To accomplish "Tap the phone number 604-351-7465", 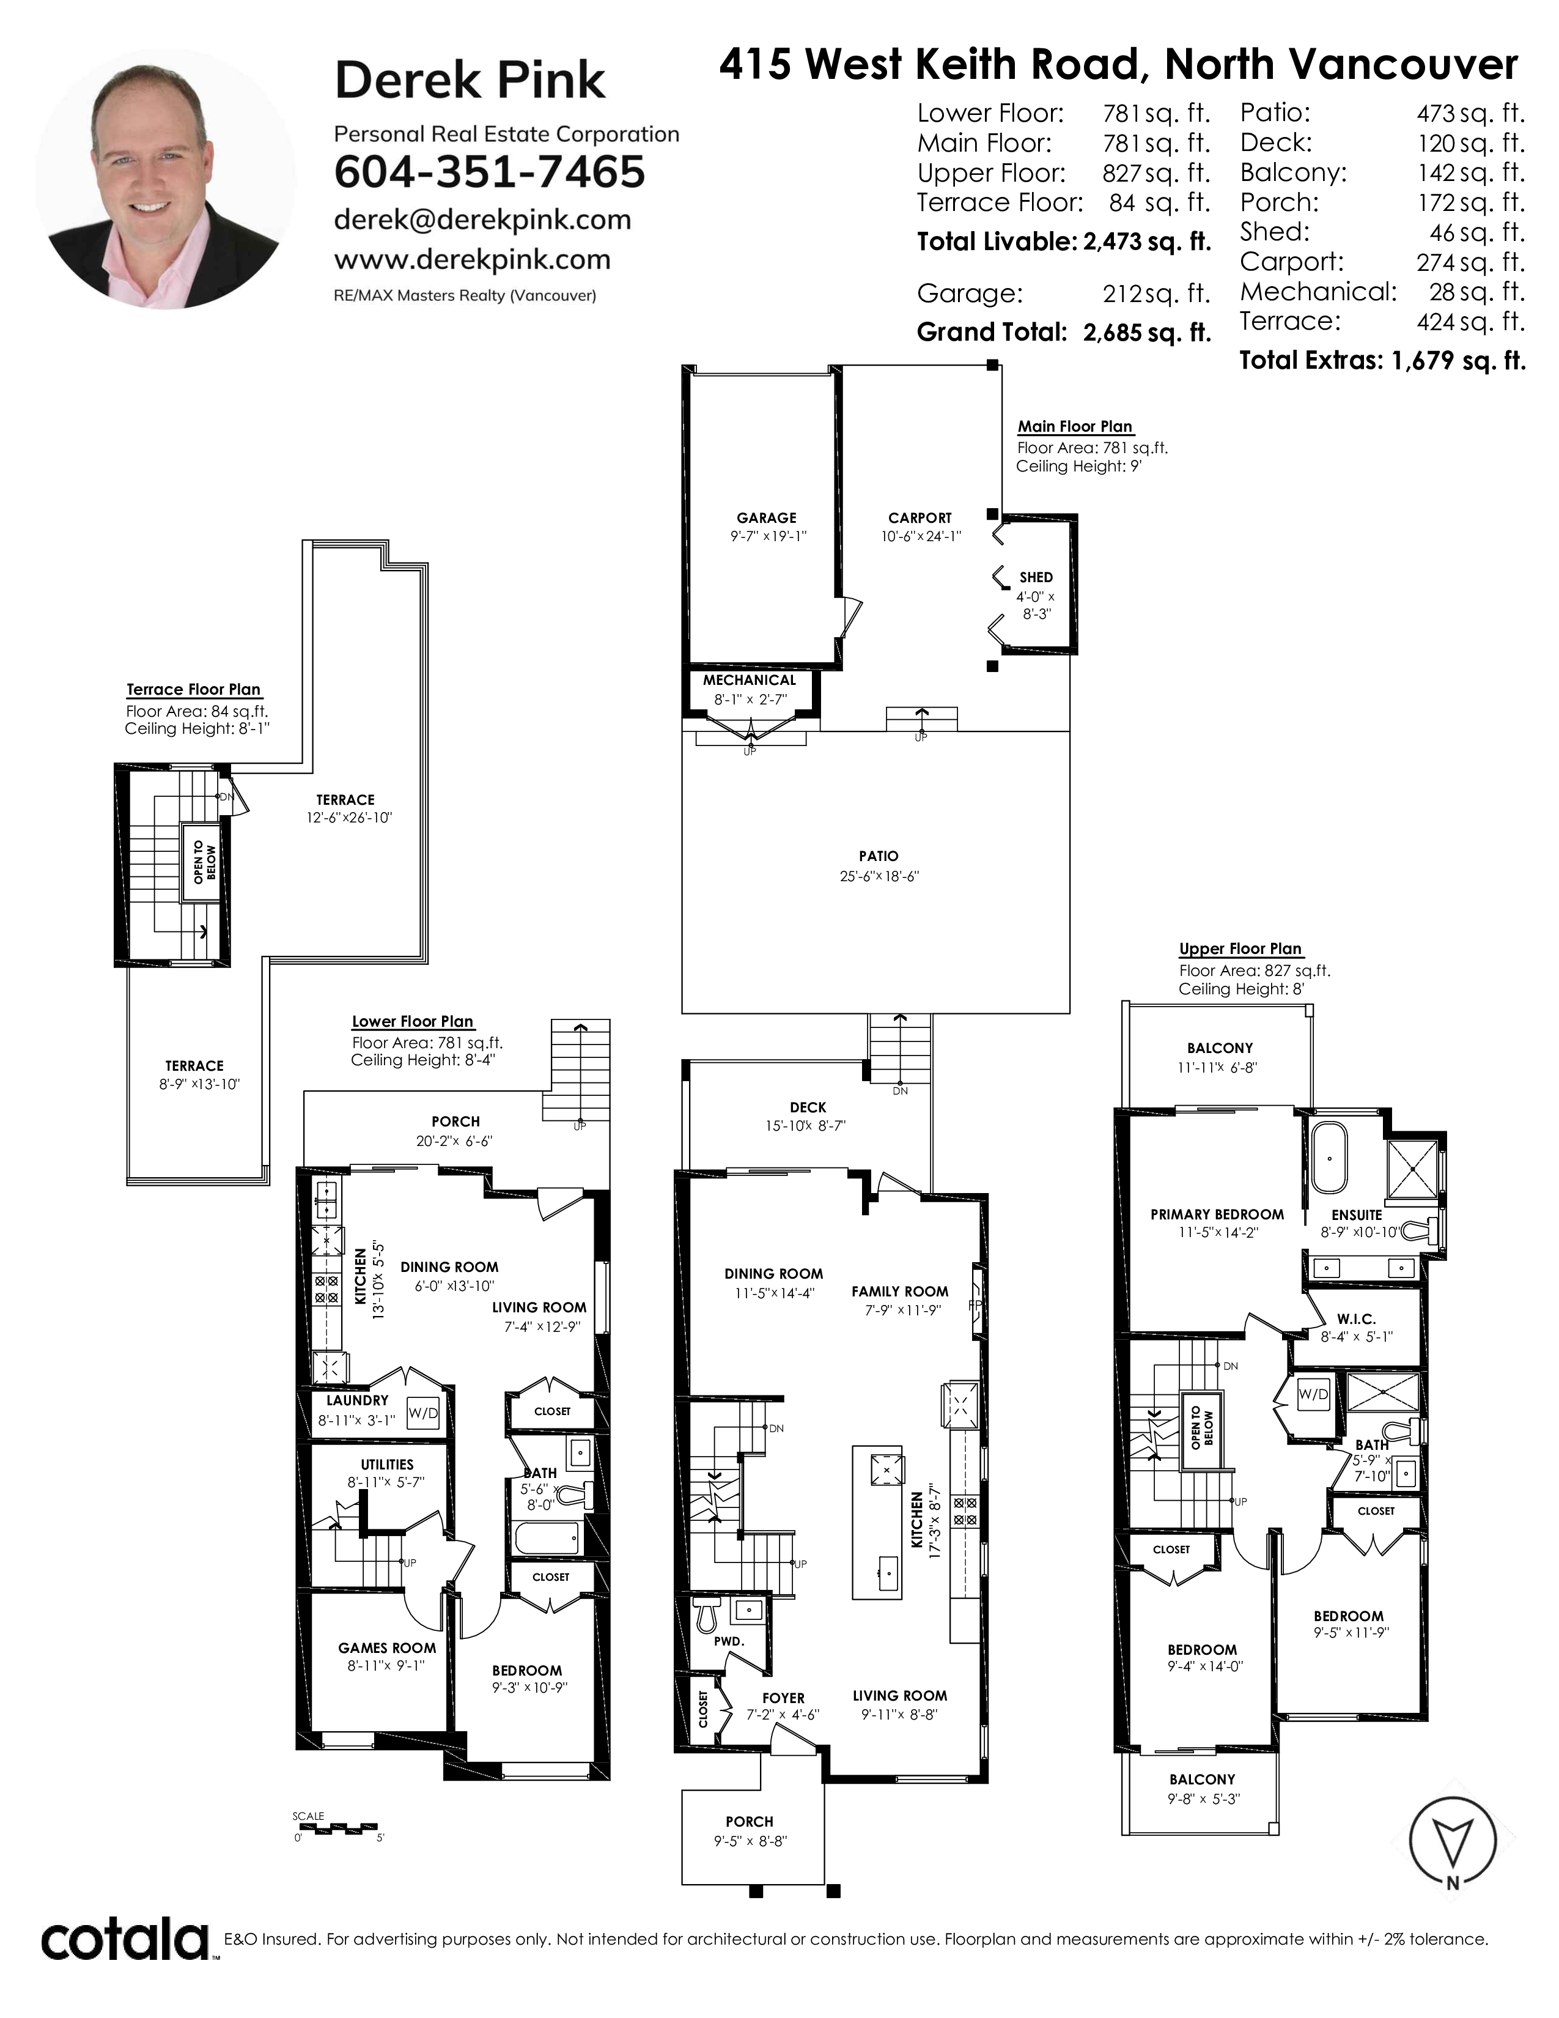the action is [x=490, y=172].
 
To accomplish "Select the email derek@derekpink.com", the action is [x=482, y=220].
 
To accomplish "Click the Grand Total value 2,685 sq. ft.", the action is [x=1146, y=333].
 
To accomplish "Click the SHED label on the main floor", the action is [x=1036, y=577].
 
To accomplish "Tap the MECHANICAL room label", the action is [x=749, y=680].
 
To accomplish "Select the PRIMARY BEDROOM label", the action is [x=1217, y=1214].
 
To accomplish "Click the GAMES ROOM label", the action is [x=387, y=1647].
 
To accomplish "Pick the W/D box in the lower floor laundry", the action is [x=423, y=1413].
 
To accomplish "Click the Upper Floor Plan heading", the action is [x=1240, y=949].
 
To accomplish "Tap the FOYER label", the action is [x=783, y=1698].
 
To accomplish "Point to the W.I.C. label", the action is [x=1356, y=1318].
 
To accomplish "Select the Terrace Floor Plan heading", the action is [x=194, y=689].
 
